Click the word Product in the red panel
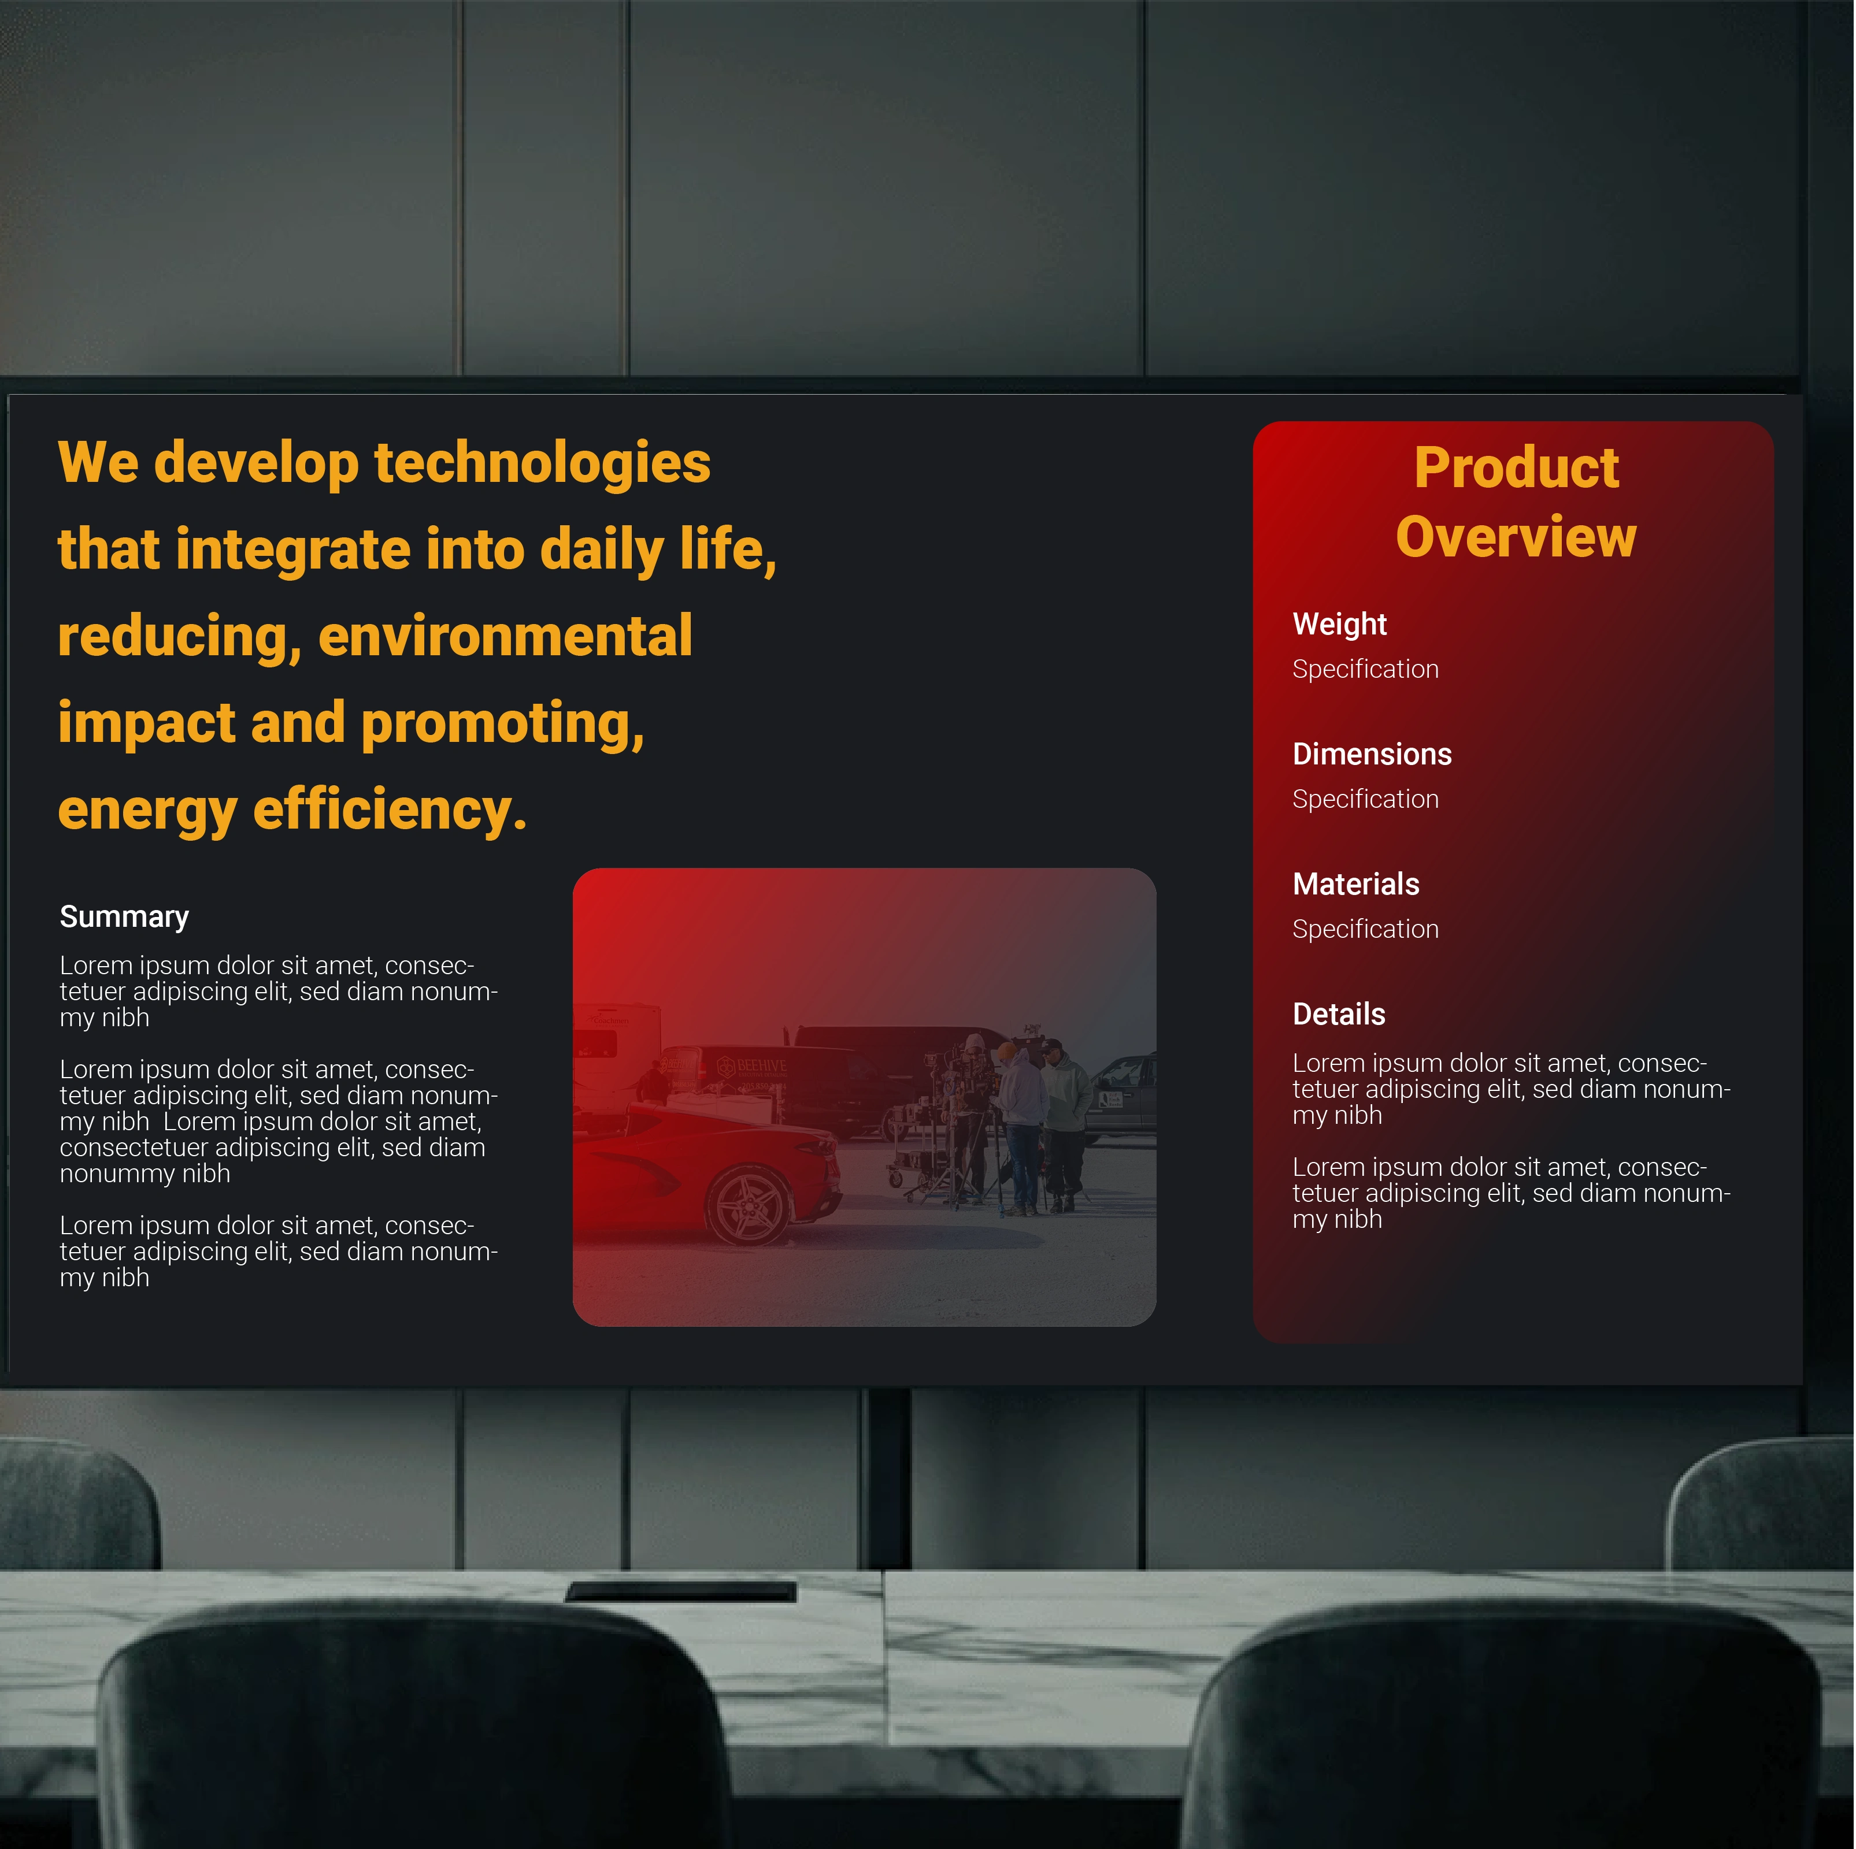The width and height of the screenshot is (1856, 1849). tap(1516, 468)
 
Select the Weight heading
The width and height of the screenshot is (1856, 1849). tap(1339, 625)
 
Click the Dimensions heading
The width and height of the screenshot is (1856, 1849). tap(1372, 754)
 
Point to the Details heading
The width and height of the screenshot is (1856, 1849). tap(1339, 1014)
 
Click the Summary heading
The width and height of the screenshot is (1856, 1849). tap(124, 918)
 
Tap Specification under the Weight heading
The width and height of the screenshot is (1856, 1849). tap(1365, 670)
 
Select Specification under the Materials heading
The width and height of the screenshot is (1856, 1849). tap(1365, 930)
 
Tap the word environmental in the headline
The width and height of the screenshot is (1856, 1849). tap(505, 637)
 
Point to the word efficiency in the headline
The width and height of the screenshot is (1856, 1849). tap(390, 812)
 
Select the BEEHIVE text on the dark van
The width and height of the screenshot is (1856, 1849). tap(762, 1066)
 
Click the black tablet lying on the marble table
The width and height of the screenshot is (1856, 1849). tap(681, 1591)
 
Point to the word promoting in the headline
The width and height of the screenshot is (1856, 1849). tap(502, 725)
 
